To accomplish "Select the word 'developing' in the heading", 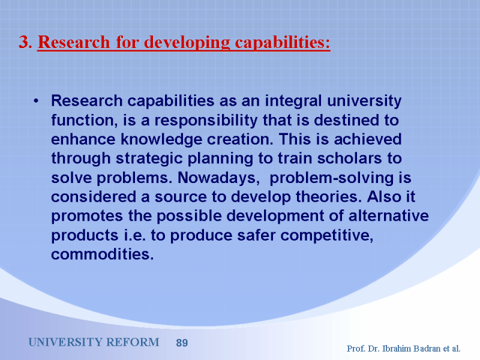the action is [x=187, y=43].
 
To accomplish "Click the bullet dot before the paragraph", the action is [x=36, y=101].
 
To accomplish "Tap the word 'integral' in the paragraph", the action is [x=293, y=101].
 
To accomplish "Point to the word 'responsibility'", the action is [x=206, y=121].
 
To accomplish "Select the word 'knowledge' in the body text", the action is [x=161, y=140].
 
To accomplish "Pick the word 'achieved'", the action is [x=368, y=139].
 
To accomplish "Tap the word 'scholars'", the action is [x=349, y=158].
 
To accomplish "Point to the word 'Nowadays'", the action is [x=218, y=178].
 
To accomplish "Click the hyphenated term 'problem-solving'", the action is [x=332, y=178].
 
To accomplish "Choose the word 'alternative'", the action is [x=388, y=216].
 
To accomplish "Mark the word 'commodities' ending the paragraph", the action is [x=102, y=254].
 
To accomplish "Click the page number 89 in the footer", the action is [x=182, y=343].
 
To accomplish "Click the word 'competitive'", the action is [x=326, y=236].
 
